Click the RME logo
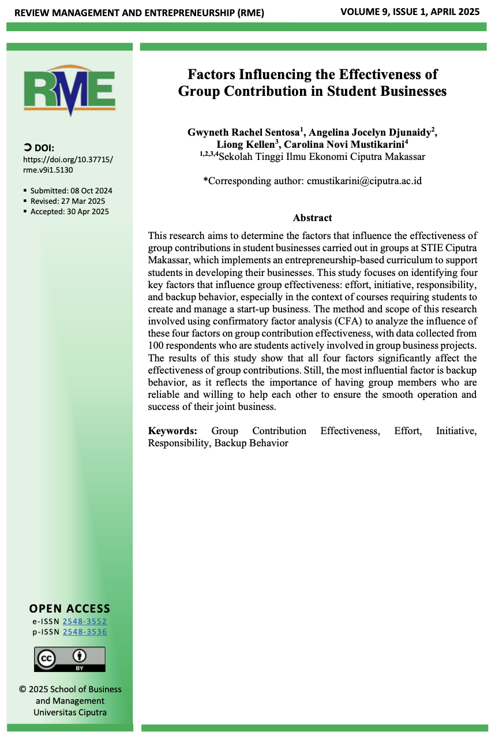[x=69, y=91]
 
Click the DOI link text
[x=68, y=165]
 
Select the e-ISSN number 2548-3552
[x=84, y=622]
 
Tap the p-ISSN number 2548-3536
[x=84, y=632]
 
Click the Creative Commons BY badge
[x=70, y=659]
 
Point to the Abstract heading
[x=312, y=218]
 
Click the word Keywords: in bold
[x=172, y=431]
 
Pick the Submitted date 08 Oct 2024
[x=72, y=191]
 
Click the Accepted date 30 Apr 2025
[x=70, y=211]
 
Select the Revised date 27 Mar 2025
[x=68, y=201]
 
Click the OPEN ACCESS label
[x=70, y=609]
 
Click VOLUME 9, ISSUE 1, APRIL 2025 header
[x=410, y=12]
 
